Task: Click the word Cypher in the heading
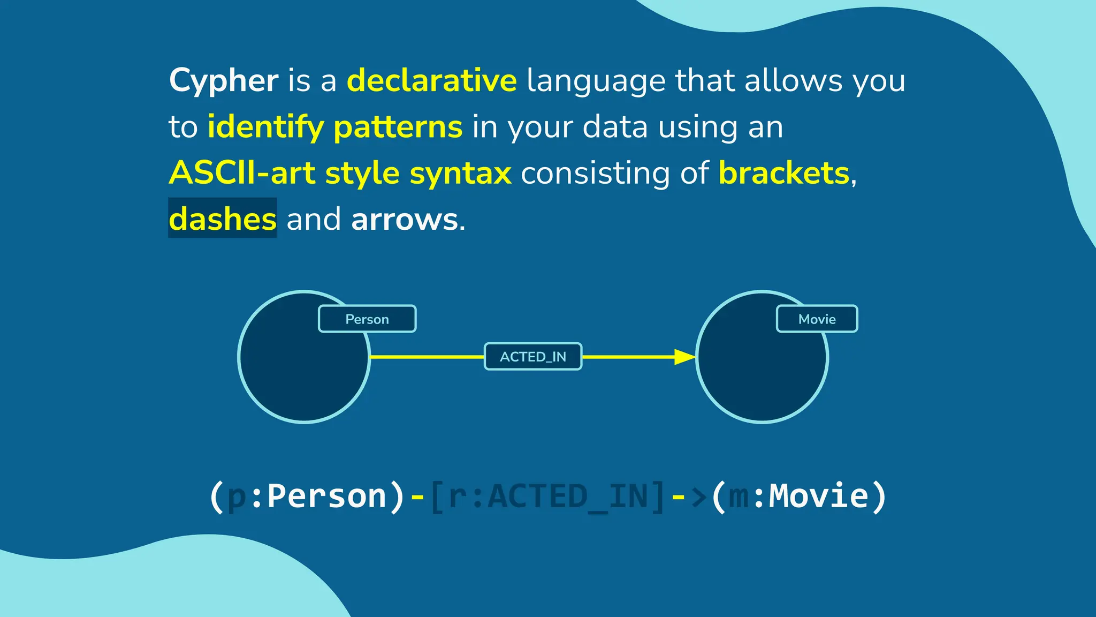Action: pos(223,81)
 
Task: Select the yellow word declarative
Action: pos(431,81)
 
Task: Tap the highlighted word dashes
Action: pos(223,219)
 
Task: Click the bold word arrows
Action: pos(404,219)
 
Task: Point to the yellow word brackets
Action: pos(783,173)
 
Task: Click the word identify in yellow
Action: pos(265,127)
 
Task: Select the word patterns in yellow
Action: pos(398,127)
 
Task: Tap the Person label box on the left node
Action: pos(367,319)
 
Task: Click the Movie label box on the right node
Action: pos(817,319)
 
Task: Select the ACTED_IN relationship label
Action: pos(532,357)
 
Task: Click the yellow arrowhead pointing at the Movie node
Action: pos(684,357)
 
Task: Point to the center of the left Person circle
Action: pos(304,357)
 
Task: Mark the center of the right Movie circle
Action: pos(762,357)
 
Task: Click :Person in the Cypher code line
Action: pos(319,496)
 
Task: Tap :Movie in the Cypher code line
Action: pos(810,496)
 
